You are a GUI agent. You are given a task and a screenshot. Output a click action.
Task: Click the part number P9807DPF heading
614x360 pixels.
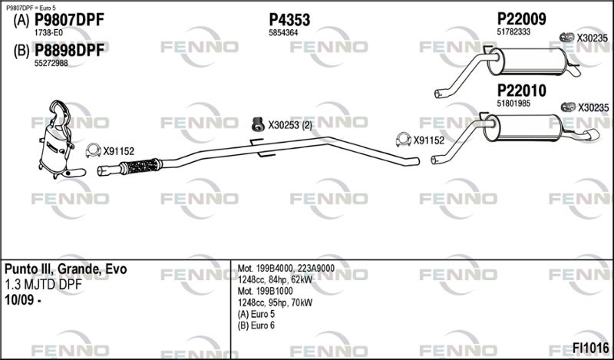(x=70, y=20)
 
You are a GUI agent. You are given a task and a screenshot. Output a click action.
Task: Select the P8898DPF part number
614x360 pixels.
(x=70, y=51)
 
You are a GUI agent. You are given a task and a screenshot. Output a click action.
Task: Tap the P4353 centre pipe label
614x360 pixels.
(x=289, y=20)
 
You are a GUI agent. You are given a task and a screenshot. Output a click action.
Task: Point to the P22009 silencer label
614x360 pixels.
(x=521, y=18)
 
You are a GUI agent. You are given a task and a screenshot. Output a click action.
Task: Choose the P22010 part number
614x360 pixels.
(x=521, y=91)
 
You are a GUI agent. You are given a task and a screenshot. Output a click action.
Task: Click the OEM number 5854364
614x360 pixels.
(x=283, y=33)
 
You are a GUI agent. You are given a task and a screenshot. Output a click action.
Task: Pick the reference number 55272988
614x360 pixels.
(x=51, y=63)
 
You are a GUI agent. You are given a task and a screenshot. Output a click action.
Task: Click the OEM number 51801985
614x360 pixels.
(x=513, y=104)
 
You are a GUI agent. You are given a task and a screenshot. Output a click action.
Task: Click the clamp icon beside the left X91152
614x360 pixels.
(x=93, y=150)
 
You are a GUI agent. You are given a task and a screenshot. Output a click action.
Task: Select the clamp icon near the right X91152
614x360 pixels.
(x=404, y=140)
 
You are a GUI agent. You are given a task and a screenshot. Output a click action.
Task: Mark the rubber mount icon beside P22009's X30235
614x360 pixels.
(x=566, y=37)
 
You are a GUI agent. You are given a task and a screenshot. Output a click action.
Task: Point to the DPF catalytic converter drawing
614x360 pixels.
(x=59, y=141)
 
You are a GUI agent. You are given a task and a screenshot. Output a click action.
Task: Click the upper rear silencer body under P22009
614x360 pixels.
(x=527, y=61)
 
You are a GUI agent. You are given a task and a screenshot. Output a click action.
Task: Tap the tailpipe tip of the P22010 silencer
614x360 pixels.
(x=593, y=135)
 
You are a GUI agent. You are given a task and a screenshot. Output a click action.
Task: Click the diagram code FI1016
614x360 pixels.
(x=590, y=348)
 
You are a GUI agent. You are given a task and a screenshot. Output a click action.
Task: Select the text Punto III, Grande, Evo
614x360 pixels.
(x=65, y=269)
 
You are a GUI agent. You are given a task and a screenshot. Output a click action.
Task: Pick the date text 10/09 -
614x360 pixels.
(x=23, y=300)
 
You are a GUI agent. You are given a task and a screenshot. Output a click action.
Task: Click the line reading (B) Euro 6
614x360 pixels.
(x=256, y=325)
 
